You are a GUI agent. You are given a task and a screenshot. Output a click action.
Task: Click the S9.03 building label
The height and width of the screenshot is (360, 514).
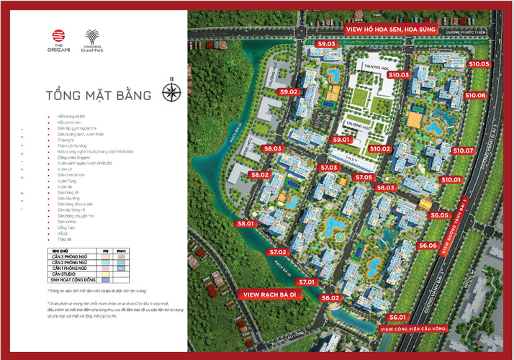(328, 44)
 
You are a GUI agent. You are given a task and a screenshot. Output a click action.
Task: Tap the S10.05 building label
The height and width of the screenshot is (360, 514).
(479, 64)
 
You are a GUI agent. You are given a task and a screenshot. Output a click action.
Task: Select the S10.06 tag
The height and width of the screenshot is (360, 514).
(475, 95)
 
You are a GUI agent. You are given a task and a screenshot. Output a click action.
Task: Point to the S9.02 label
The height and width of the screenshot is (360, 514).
(289, 92)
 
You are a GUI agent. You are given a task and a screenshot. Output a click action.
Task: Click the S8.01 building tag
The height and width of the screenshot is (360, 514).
(246, 224)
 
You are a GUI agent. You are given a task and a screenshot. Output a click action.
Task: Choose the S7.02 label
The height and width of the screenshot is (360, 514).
(278, 252)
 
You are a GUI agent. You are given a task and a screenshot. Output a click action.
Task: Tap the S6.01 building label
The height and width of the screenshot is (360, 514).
(398, 317)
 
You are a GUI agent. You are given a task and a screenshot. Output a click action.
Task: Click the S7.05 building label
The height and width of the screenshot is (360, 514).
(363, 177)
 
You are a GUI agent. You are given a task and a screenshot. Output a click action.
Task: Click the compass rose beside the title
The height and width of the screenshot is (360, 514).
(171, 92)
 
